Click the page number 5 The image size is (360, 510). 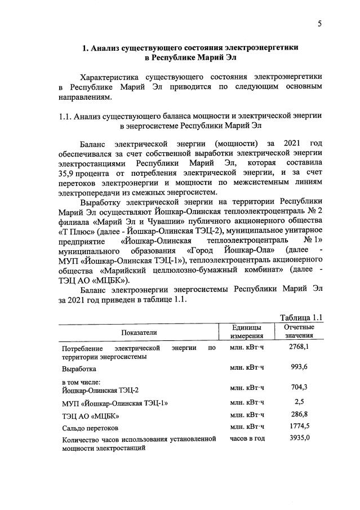click(319, 24)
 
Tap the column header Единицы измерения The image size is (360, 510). click(246, 331)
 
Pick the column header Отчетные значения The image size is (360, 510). click(299, 331)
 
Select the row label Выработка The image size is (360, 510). click(79, 370)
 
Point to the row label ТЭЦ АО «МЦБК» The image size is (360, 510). click(91, 416)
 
